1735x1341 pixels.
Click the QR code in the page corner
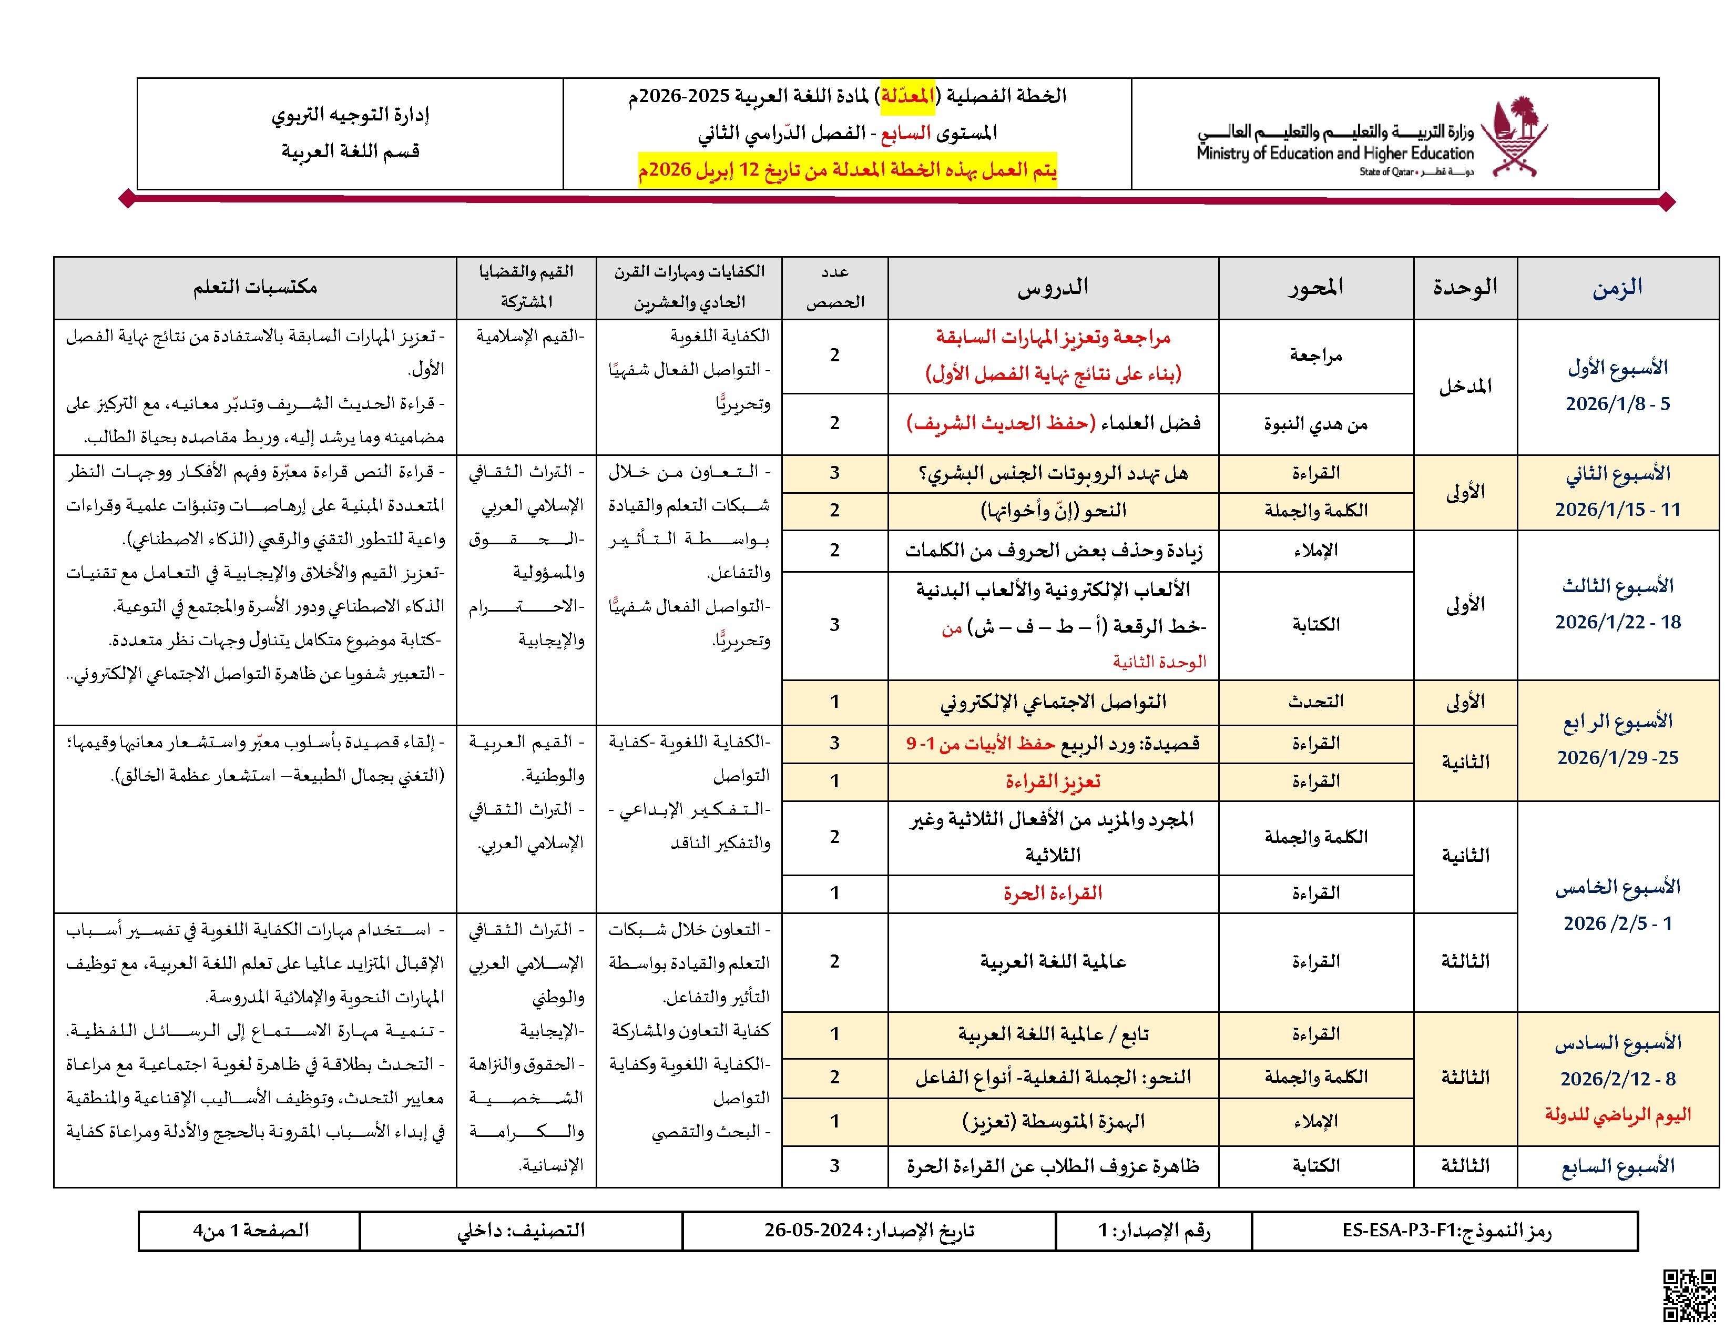(x=1690, y=1296)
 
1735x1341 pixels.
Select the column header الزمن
(x=1617, y=288)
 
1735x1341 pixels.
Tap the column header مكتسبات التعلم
(x=255, y=288)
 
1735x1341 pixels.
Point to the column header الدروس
(x=1053, y=288)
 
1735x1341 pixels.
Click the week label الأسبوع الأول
(x=1617, y=368)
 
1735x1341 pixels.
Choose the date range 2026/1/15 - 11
(x=1617, y=509)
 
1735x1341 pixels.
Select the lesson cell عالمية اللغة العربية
(x=1053, y=962)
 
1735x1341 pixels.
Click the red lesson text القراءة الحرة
(x=1053, y=893)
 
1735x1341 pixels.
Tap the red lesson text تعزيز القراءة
(x=1053, y=781)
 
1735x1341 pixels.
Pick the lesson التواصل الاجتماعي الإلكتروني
(x=1053, y=702)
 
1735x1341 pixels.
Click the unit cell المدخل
(x=1465, y=387)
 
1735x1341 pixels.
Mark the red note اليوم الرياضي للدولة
(x=1617, y=1114)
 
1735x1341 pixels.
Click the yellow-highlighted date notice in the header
(x=847, y=170)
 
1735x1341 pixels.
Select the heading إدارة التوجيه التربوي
(x=350, y=115)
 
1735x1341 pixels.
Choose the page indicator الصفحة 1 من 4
(x=250, y=1231)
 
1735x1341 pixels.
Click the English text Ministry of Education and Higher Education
(x=1334, y=154)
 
